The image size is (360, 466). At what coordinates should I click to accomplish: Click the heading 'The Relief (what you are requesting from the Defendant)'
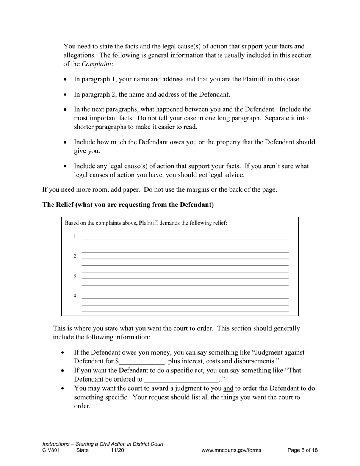click(x=128, y=205)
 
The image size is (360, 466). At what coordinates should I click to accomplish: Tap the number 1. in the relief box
click(x=75, y=237)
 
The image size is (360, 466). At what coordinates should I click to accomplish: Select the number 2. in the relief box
click(x=75, y=256)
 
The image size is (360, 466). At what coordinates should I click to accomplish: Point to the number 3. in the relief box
click(x=75, y=276)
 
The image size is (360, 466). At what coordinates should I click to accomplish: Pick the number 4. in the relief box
click(x=75, y=296)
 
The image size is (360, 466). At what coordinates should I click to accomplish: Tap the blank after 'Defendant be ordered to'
click(x=181, y=380)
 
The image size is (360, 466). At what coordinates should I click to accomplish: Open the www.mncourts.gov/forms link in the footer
click(x=231, y=450)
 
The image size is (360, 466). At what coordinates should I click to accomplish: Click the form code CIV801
click(x=51, y=450)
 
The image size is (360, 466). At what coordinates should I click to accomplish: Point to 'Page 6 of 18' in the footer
click(x=302, y=450)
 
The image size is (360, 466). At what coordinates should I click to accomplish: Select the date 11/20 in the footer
click(x=117, y=450)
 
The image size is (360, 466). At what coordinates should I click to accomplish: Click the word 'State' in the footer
click(x=82, y=450)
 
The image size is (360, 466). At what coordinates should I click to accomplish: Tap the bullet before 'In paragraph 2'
click(x=66, y=95)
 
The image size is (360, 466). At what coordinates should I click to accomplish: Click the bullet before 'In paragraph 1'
click(x=66, y=80)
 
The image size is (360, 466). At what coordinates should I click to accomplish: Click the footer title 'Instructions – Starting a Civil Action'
click(x=103, y=444)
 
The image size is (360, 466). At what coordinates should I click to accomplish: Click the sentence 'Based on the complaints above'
click(x=146, y=223)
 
